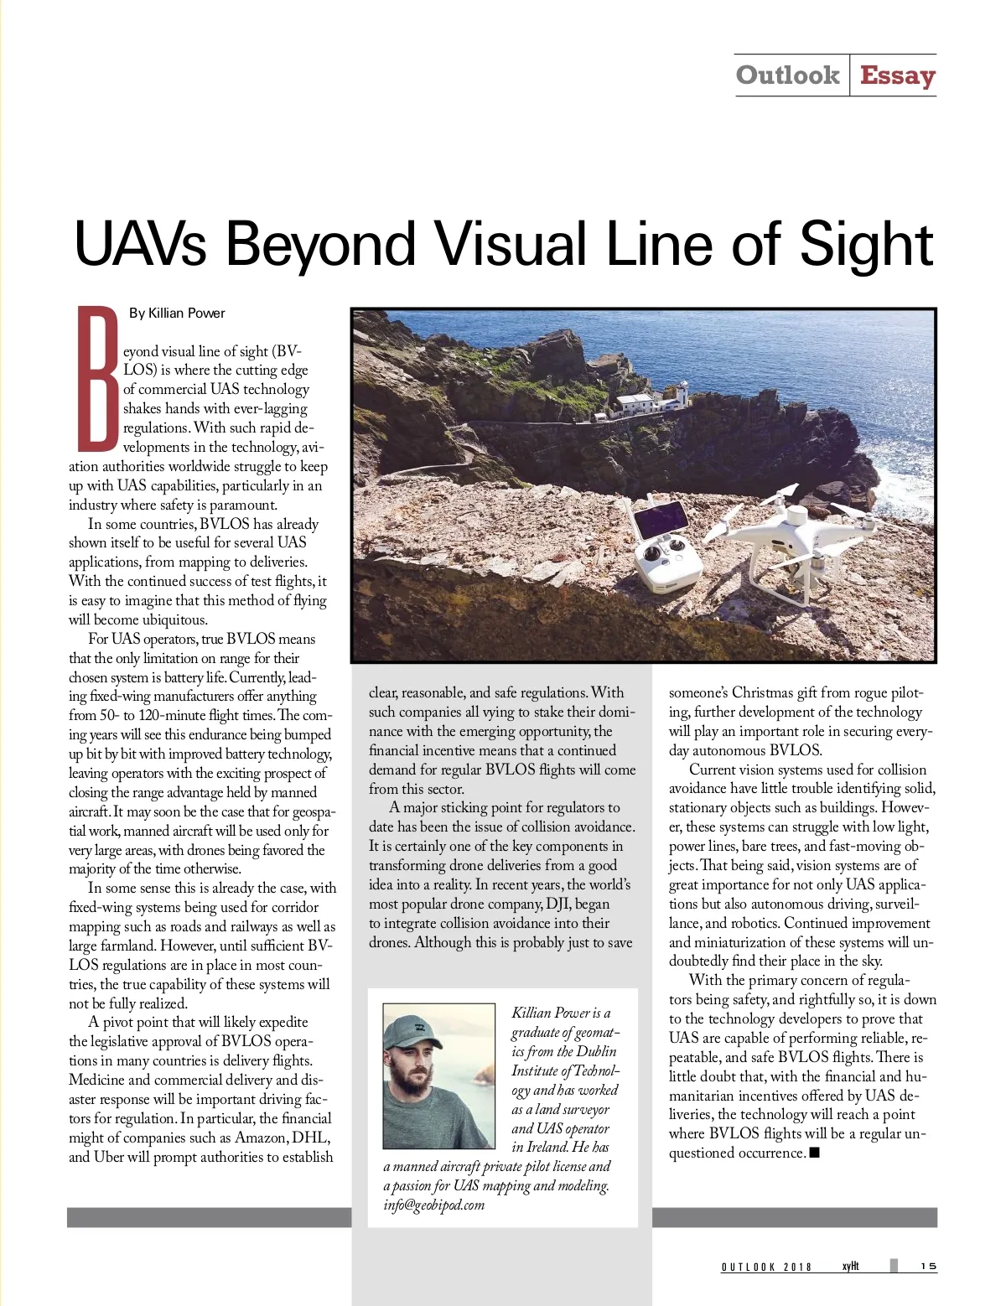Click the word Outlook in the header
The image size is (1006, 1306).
point(787,75)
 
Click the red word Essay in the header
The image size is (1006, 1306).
point(897,75)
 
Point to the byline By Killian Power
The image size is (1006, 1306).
point(177,314)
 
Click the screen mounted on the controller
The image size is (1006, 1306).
point(661,519)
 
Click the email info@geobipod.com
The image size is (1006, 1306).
point(434,1205)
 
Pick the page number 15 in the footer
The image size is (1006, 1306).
point(928,1267)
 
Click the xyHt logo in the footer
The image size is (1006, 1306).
point(850,1266)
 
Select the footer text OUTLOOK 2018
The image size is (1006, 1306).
point(766,1267)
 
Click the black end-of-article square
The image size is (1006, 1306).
point(815,1153)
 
